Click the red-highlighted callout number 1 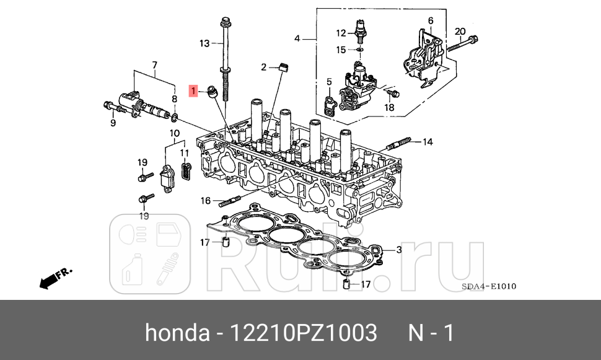194,92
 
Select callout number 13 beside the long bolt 204,43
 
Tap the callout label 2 263,67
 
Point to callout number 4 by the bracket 297,38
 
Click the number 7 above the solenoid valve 154,64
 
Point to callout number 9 113,123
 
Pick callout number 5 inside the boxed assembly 329,81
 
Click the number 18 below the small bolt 388,107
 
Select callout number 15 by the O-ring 341,49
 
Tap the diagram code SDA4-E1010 489,286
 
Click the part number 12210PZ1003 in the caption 304,333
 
